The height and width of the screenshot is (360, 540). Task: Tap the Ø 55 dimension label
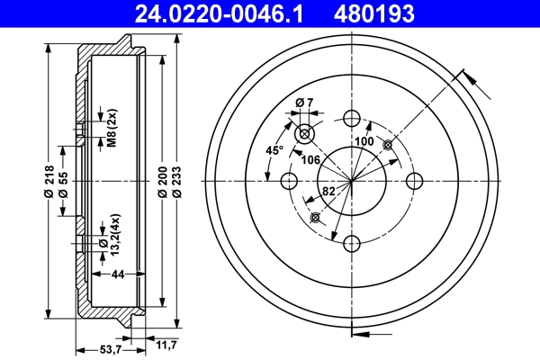point(63,181)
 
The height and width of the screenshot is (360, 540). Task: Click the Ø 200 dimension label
point(161,181)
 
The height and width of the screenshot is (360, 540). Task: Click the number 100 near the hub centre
point(364,142)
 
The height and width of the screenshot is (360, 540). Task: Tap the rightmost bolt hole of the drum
point(414,181)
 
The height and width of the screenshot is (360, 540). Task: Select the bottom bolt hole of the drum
point(352,243)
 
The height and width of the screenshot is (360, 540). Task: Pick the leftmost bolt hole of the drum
point(289,181)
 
